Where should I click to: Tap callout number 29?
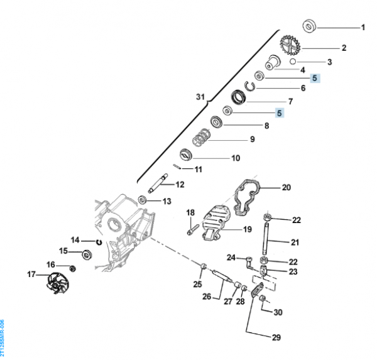(x=276, y=337)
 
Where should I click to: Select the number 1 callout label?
(x=362, y=28)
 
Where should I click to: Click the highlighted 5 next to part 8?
(x=280, y=113)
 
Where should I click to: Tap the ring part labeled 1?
(x=309, y=26)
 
